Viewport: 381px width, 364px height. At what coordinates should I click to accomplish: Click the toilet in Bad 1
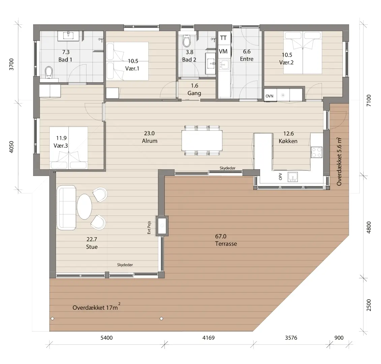tap(49, 72)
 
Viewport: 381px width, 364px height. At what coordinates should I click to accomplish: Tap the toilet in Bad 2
tap(186, 41)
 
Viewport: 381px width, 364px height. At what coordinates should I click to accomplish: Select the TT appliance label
tap(223, 38)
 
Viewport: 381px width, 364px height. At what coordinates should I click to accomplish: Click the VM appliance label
tap(223, 51)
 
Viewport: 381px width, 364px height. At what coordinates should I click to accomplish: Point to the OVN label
tap(269, 96)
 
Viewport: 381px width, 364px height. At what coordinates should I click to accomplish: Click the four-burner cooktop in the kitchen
tap(316, 152)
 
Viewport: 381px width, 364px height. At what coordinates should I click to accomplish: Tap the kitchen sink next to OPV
tap(293, 177)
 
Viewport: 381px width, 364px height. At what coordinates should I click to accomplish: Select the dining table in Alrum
tap(202, 140)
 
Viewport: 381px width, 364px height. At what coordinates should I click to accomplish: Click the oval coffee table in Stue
tap(84, 207)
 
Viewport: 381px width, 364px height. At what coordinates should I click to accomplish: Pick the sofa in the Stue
tap(66, 208)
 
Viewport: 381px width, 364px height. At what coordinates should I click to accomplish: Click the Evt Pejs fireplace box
tap(162, 226)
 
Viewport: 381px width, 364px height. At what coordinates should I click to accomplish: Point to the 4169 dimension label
tap(208, 337)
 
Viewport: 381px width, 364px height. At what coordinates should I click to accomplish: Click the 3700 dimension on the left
tap(11, 64)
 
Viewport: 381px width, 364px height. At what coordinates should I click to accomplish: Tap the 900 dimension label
tap(339, 337)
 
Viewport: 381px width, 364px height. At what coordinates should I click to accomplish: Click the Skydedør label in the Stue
tap(125, 265)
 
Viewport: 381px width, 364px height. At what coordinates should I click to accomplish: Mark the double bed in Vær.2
tap(303, 53)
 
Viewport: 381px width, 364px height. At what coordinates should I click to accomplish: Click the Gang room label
tap(195, 93)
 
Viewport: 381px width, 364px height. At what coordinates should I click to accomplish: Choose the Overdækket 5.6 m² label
tap(339, 161)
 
